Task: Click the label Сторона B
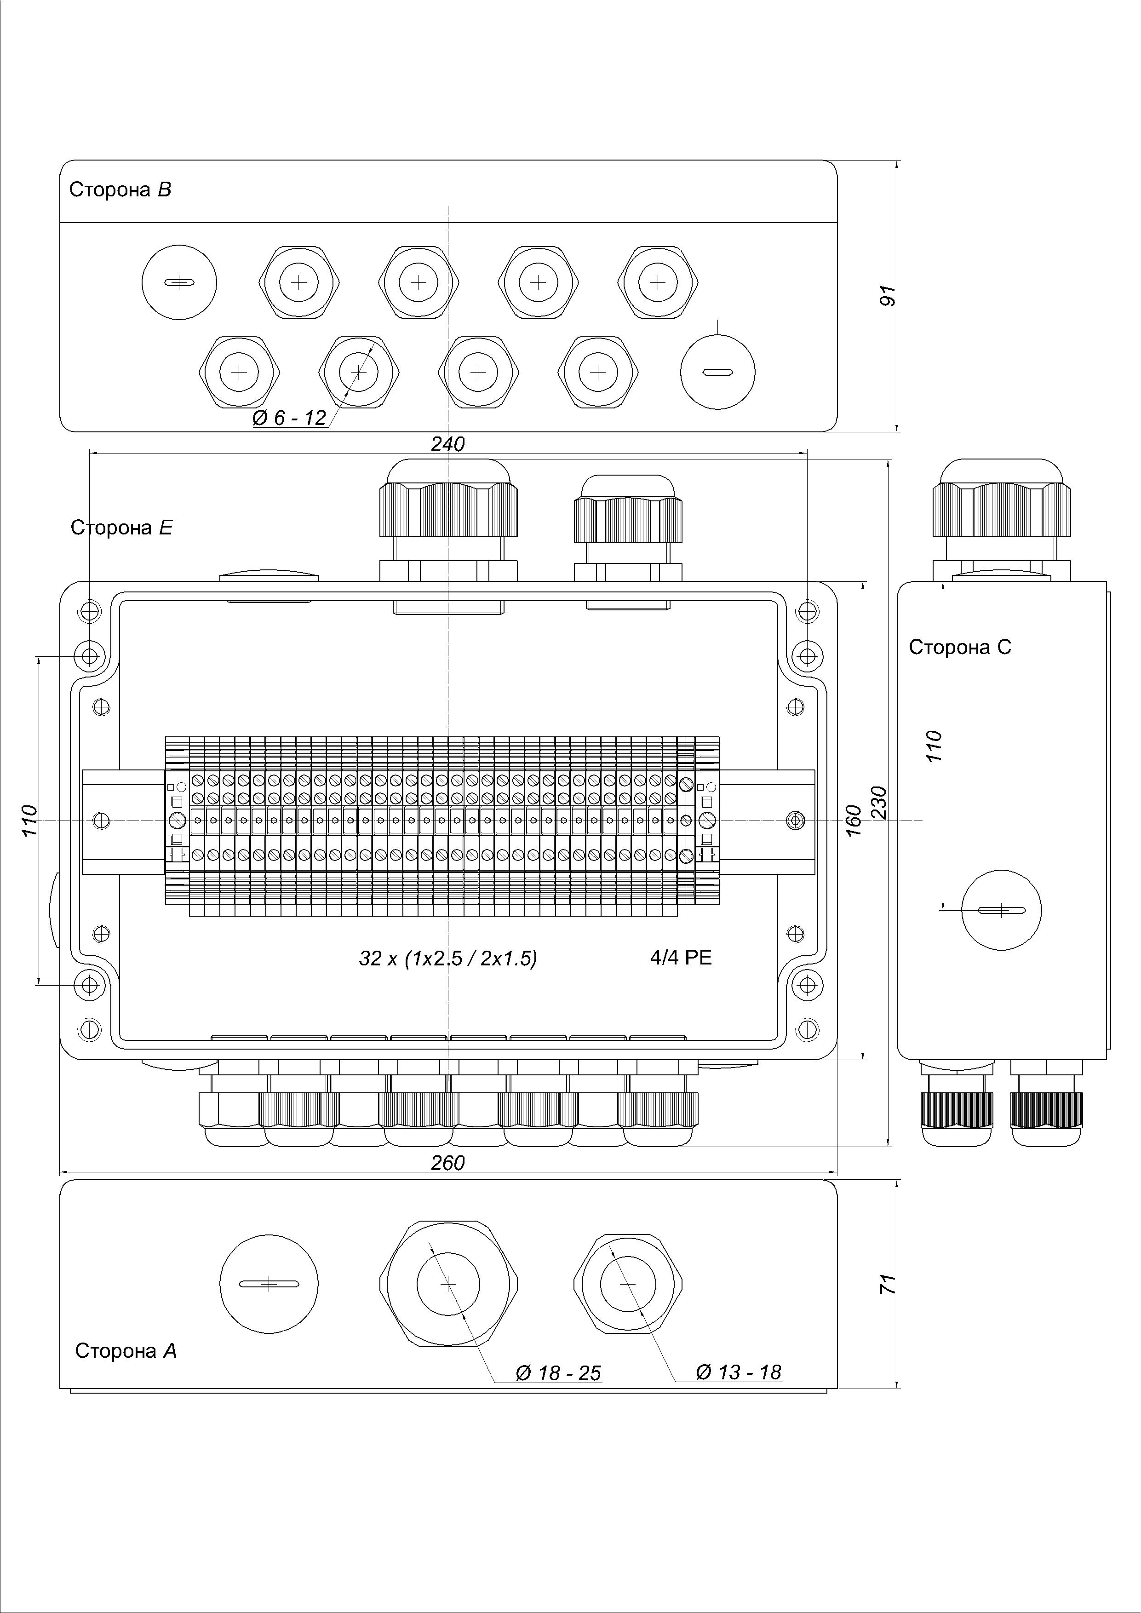tap(120, 189)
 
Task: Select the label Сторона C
tap(960, 647)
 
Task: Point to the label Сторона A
tap(126, 1351)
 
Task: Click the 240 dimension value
tap(448, 444)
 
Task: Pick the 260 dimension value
tap(448, 1163)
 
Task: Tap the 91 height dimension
tap(889, 296)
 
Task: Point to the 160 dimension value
tap(853, 820)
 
